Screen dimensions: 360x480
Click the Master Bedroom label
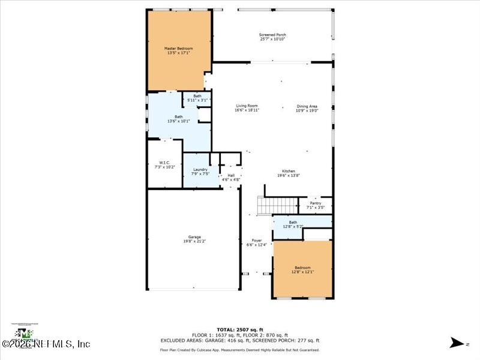coord(179,47)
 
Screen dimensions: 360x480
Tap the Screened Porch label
coord(272,35)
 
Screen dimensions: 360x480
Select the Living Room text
coord(247,106)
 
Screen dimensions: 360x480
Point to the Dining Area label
coord(307,106)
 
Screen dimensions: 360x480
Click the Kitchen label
coord(284,171)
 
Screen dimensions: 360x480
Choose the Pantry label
coord(316,203)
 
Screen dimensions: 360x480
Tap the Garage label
coord(193,236)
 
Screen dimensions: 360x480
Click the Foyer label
coord(256,240)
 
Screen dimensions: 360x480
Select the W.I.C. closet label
coord(164,162)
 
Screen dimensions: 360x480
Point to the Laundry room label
coord(200,169)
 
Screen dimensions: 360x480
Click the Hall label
coord(231,175)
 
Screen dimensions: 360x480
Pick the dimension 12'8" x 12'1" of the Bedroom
coord(302,272)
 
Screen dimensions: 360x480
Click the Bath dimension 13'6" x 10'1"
coord(179,121)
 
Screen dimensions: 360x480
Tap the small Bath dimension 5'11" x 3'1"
coord(197,100)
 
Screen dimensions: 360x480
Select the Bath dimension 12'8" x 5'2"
coord(293,226)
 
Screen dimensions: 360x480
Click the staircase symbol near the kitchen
coord(265,206)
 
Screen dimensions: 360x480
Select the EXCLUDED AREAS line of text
coord(239,340)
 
